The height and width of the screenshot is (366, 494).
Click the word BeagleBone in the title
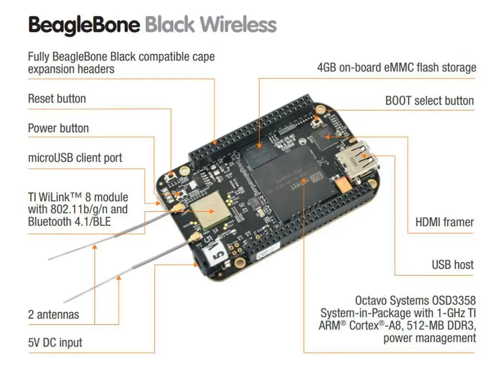click(84, 25)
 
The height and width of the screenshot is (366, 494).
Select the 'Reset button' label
click(57, 99)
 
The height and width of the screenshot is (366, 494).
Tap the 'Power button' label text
click(58, 128)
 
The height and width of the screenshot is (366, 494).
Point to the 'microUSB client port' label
click(75, 158)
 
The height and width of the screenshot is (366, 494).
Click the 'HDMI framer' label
click(444, 222)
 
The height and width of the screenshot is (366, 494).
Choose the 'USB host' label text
click(453, 265)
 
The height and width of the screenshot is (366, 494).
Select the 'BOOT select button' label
click(429, 101)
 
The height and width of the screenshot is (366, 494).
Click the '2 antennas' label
click(53, 314)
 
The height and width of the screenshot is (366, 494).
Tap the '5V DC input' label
click(55, 342)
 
